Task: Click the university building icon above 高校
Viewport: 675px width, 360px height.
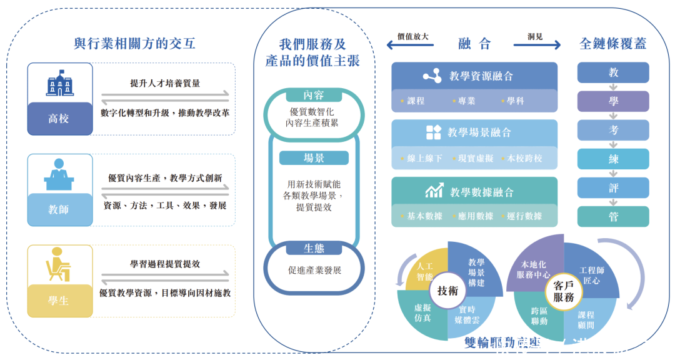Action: coord(60,83)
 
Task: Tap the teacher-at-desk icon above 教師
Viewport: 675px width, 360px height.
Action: coord(59,174)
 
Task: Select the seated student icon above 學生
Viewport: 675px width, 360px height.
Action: coord(58,264)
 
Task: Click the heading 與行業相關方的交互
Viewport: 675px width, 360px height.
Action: coord(134,43)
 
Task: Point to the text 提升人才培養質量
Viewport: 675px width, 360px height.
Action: coord(165,83)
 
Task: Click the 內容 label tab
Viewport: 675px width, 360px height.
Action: coord(314,95)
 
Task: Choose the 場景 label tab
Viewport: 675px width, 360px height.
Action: coord(314,158)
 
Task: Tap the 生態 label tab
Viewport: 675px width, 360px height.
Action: coord(314,248)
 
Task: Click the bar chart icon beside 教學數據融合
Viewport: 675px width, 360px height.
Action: coord(434,191)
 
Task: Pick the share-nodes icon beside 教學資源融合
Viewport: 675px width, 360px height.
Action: coord(432,76)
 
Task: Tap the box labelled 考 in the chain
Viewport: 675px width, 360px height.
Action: coord(613,130)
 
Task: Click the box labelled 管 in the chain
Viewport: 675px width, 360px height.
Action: coord(613,216)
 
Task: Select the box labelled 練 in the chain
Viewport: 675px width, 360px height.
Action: coord(613,159)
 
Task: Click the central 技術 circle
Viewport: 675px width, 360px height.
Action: coord(447,291)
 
